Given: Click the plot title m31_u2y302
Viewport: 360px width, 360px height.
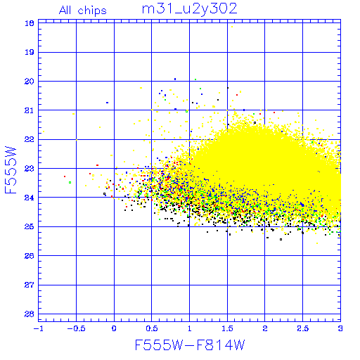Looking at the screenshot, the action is tap(190, 9).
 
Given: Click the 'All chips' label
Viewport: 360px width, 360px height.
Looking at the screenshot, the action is tap(83, 11).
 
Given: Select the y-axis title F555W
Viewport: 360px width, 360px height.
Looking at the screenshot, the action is tap(11, 170).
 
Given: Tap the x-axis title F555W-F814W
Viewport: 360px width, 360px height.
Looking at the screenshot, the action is tap(190, 345).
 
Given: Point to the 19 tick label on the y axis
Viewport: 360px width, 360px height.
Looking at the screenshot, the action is tap(30, 52).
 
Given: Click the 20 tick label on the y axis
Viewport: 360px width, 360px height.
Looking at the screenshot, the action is tap(30, 82).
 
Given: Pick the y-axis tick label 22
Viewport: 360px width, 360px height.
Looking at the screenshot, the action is tap(30, 139).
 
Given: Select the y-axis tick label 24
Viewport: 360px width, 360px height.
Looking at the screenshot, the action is tap(30, 198).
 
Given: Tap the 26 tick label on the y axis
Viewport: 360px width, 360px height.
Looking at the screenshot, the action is tap(30, 256).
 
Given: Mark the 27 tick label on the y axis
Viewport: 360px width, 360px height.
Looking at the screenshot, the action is tap(30, 285).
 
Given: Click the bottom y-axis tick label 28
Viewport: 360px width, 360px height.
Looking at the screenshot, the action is tap(30, 314).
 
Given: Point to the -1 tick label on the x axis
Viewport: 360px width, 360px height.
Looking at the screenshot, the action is tap(39, 328).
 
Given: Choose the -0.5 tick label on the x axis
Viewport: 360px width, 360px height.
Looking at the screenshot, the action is tap(77, 328).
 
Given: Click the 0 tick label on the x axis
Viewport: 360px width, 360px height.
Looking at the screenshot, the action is tap(114, 328).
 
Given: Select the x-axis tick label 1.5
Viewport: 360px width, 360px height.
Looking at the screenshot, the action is tap(227, 328).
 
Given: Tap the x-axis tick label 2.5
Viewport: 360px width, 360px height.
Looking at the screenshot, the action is tap(303, 328).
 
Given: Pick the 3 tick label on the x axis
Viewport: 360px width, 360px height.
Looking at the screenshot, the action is tap(340, 328).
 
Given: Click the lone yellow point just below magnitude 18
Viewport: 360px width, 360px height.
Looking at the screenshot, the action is tap(232, 27).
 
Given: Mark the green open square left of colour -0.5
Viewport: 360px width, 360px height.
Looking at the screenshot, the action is tap(70, 182).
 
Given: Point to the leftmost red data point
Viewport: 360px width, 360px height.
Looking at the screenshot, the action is tap(65, 176).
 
